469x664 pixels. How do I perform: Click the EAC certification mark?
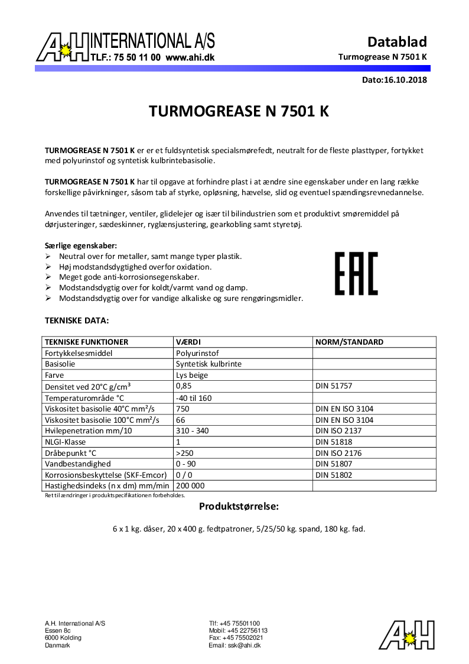click(356, 273)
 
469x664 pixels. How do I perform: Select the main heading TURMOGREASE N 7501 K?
click(239, 112)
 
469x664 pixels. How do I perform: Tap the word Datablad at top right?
click(397, 42)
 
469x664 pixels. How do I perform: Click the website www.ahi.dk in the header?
click(190, 58)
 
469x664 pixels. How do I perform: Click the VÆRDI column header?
click(188, 342)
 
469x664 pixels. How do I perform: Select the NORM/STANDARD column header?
click(349, 342)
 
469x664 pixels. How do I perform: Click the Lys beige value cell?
click(192, 375)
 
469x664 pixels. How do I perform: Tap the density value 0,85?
click(183, 386)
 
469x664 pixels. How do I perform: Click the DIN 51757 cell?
click(334, 386)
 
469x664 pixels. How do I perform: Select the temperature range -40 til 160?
click(194, 397)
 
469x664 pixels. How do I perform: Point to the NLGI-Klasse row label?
click(66, 442)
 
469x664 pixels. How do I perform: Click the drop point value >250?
click(185, 453)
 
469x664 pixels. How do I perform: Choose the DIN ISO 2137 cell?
click(338, 430)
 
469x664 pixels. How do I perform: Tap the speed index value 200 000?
click(190, 486)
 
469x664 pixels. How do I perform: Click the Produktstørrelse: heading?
click(239, 507)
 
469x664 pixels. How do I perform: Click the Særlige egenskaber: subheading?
click(81, 245)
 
